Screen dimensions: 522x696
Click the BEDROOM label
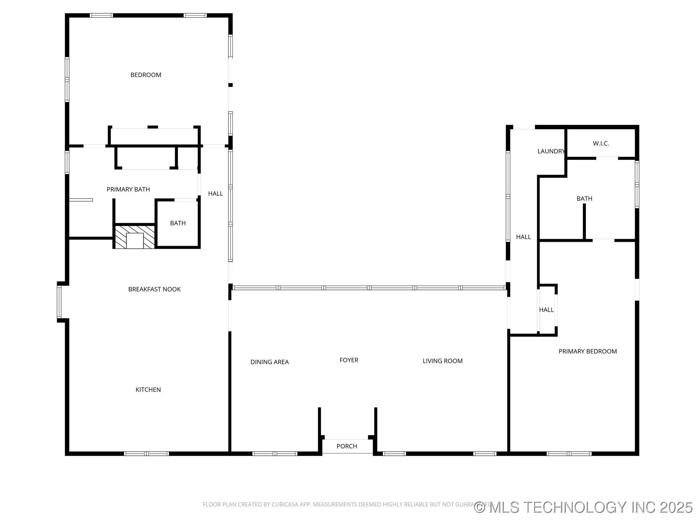point(146,75)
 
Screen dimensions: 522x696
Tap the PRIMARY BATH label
point(128,189)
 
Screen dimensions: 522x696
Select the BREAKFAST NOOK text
point(154,289)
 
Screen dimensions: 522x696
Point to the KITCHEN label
point(148,390)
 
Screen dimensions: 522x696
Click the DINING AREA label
point(269,362)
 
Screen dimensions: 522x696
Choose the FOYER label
point(349,360)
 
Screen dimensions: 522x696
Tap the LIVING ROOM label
point(442,361)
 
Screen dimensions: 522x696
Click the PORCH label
point(347,446)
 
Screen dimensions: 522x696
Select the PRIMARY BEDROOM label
point(587,351)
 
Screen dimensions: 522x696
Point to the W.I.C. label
point(601,144)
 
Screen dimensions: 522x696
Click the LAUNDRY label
point(551,151)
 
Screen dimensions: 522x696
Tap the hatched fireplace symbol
point(134,237)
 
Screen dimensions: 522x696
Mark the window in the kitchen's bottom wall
point(146,453)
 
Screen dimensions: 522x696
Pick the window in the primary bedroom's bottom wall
point(568,453)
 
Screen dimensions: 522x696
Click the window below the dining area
point(274,453)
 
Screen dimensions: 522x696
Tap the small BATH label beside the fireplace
point(178,223)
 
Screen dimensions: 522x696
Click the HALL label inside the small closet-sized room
point(546,310)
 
